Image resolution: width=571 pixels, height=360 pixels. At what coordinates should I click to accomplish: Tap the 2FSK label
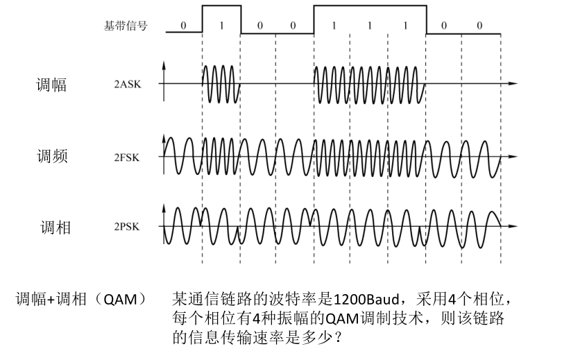[x=127, y=157]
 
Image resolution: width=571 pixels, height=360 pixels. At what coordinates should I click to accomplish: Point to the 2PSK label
[x=127, y=227]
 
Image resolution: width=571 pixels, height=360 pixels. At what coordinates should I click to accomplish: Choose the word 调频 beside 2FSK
[x=52, y=157]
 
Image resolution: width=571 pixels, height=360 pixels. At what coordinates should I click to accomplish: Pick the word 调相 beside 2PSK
[x=53, y=227]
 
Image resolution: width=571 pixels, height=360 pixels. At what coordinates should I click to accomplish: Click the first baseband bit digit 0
[x=184, y=26]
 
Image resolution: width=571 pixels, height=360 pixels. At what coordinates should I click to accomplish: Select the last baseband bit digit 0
[x=479, y=26]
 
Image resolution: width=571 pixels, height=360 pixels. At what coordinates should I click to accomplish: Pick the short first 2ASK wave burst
[x=221, y=84]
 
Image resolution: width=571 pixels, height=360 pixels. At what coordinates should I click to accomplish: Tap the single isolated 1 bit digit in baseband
[x=221, y=26]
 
